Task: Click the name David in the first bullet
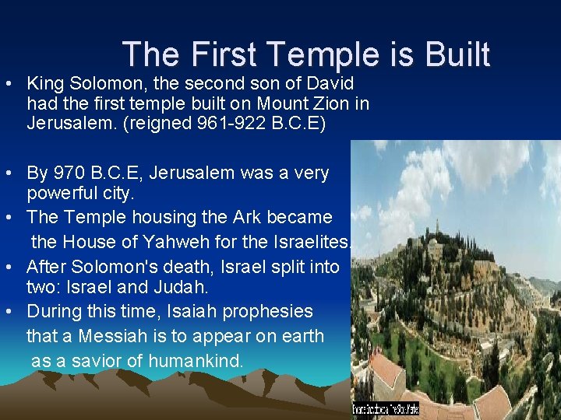tap(333, 83)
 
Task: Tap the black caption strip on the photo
tap(386, 408)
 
